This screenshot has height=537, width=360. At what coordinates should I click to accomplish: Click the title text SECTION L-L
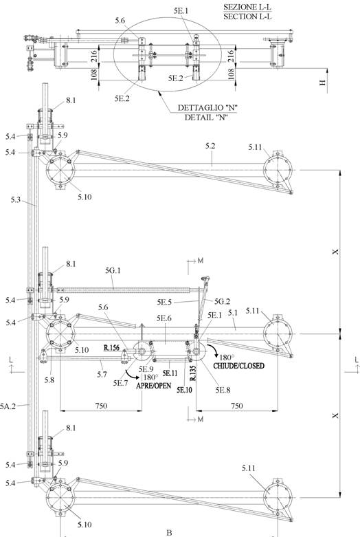(x=247, y=17)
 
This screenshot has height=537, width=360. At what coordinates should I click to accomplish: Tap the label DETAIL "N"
(x=206, y=118)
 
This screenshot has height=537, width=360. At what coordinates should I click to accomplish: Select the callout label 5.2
(x=210, y=146)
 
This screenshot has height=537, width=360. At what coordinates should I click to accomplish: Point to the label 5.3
(x=15, y=199)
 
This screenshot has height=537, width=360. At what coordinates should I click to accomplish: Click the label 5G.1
(x=113, y=271)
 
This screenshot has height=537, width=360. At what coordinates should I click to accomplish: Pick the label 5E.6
(x=164, y=318)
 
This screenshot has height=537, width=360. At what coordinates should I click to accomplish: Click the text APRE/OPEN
(x=154, y=386)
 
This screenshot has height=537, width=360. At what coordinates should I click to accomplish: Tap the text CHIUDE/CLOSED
(x=239, y=366)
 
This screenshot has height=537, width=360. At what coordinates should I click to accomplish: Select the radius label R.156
(x=111, y=348)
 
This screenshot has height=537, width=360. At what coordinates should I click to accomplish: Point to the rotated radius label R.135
(x=193, y=373)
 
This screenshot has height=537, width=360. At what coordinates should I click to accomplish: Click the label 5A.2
(x=8, y=406)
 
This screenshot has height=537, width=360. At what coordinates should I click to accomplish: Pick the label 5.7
(x=102, y=375)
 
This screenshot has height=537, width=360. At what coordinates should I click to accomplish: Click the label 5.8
(x=49, y=380)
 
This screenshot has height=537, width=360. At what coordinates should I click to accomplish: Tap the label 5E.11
(x=170, y=373)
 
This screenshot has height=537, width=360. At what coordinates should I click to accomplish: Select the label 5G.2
(x=222, y=302)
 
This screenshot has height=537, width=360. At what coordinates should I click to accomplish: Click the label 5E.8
(x=223, y=390)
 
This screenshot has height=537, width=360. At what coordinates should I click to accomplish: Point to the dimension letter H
(x=322, y=83)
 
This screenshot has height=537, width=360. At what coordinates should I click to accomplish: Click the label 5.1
(x=233, y=313)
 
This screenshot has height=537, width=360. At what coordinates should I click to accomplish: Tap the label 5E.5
(x=165, y=302)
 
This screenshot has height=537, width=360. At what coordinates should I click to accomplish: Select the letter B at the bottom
(x=169, y=533)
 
